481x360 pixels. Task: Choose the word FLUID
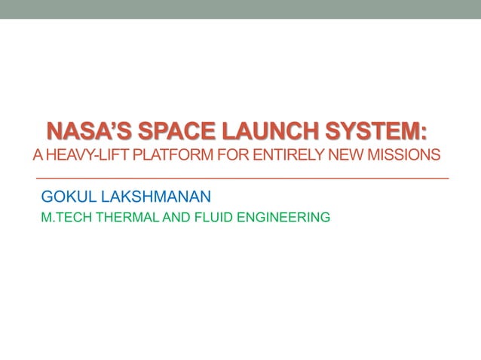pos(210,218)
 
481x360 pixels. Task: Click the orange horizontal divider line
pos(241,178)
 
